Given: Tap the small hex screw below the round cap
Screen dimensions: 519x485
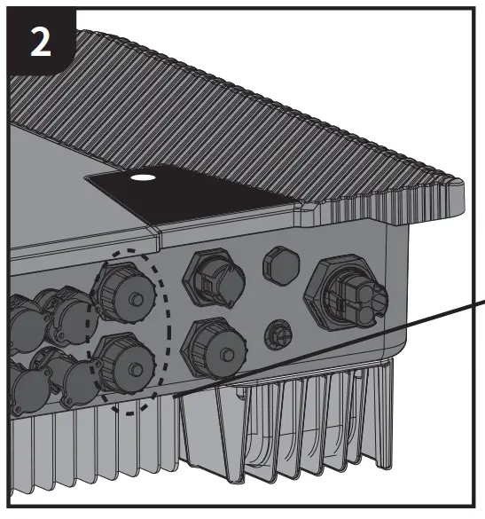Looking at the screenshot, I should pyautogui.click(x=277, y=333).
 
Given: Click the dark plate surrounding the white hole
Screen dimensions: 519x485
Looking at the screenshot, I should pyautogui.click(x=195, y=191).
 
